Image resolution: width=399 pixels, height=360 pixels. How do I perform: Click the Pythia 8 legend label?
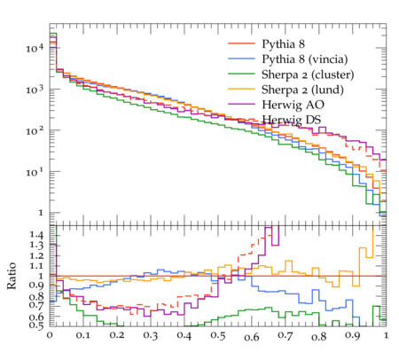(283, 44)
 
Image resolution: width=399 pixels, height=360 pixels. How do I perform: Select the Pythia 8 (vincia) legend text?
(305, 59)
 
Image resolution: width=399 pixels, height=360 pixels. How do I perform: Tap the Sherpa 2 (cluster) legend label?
(308, 74)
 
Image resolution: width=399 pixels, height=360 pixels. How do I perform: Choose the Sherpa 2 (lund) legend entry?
(302, 90)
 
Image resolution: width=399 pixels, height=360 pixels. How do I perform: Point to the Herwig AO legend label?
(293, 105)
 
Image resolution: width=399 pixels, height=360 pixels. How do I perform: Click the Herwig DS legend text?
(292, 120)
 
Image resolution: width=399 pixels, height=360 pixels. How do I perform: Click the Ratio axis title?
(12, 276)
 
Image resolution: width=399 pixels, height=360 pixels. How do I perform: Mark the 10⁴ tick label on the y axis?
(35, 48)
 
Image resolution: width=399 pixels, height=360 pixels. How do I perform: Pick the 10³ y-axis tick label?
(35, 89)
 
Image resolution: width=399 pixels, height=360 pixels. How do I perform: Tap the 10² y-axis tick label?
(35, 130)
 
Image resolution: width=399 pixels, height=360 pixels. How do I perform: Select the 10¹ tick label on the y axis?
(35, 171)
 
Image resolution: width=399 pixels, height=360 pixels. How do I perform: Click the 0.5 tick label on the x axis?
(218, 336)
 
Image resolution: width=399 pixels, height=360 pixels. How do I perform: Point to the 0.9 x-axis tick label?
(353, 336)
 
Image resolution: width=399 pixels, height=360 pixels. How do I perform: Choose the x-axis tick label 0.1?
(83, 336)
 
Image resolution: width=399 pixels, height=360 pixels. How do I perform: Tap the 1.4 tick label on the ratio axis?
(36, 235)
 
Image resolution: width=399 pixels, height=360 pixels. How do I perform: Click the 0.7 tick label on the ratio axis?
(36, 304)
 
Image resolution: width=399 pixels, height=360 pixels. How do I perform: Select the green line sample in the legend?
(241, 74)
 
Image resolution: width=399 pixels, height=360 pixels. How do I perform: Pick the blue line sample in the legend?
(241, 59)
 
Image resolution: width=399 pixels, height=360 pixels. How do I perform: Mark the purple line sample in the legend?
(241, 104)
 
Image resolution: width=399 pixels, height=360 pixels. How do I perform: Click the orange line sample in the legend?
(241, 89)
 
